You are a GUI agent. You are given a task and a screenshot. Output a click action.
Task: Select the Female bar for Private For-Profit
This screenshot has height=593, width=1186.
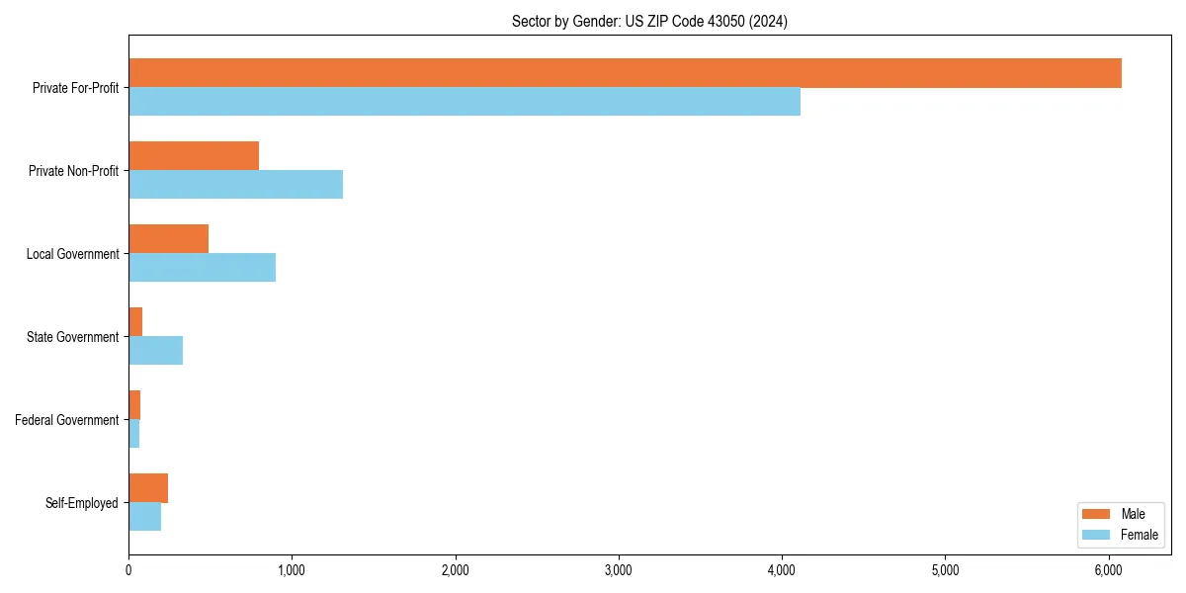pyautogui.click(x=465, y=102)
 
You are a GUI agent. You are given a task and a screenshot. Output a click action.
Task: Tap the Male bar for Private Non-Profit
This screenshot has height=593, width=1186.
pyautogui.click(x=194, y=156)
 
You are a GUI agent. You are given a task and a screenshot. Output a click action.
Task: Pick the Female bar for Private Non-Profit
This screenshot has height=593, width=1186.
pyautogui.click(x=235, y=185)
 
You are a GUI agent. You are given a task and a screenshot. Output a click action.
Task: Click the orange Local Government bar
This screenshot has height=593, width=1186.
pyautogui.click(x=168, y=239)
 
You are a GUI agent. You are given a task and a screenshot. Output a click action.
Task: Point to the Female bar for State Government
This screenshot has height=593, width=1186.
pyautogui.click(x=155, y=351)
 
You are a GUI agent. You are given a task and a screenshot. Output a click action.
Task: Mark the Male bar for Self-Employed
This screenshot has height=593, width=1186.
pyautogui.click(x=148, y=488)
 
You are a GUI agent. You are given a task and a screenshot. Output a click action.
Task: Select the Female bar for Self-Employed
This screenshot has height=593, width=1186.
pyautogui.click(x=144, y=517)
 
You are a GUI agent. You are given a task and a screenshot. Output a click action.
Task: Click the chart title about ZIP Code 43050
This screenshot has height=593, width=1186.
pyautogui.click(x=649, y=21)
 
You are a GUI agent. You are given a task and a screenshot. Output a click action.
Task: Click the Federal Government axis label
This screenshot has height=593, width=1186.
pyautogui.click(x=67, y=420)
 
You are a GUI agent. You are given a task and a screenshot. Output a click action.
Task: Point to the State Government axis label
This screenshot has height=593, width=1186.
pyautogui.click(x=72, y=337)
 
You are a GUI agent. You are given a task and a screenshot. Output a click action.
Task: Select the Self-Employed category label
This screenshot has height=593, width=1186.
pyautogui.click(x=82, y=503)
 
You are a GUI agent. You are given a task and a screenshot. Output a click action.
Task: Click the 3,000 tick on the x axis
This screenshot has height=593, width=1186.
pyautogui.click(x=619, y=570)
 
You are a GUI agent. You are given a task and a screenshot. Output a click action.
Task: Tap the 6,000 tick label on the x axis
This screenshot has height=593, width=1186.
pyautogui.click(x=1108, y=570)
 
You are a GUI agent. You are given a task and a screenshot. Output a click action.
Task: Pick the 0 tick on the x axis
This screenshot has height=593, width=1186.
pyautogui.click(x=128, y=570)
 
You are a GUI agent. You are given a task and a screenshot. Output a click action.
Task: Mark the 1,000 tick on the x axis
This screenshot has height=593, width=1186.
pyautogui.click(x=292, y=570)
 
